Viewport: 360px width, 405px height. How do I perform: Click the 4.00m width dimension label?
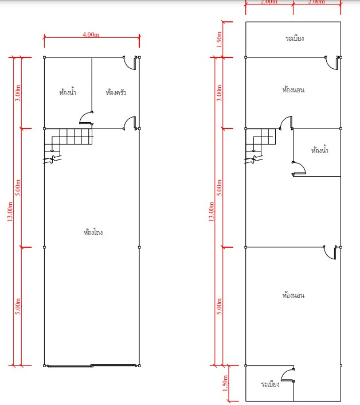click(91, 34)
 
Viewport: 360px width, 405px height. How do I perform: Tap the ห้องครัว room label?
click(116, 92)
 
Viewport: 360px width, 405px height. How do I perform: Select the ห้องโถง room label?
click(93, 232)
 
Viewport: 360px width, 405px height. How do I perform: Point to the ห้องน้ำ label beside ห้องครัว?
click(68, 92)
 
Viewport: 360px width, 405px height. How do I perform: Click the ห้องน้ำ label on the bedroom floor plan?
click(320, 150)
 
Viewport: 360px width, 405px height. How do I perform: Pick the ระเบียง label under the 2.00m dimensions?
click(295, 38)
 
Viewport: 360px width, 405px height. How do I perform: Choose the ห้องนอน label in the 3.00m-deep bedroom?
click(293, 89)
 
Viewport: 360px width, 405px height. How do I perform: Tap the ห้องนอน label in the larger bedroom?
click(293, 295)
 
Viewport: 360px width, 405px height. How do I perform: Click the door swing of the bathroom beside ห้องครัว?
click(83, 116)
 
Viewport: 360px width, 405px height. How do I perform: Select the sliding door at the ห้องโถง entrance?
click(92, 365)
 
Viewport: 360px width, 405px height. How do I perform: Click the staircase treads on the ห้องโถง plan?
click(68, 137)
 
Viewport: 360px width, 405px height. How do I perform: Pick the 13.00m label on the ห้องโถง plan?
click(10, 212)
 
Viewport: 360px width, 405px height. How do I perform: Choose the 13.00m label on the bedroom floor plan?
click(211, 212)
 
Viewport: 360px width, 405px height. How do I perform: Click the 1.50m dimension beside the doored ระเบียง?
click(225, 383)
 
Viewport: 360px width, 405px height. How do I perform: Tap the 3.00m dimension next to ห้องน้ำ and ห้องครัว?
click(18, 93)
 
